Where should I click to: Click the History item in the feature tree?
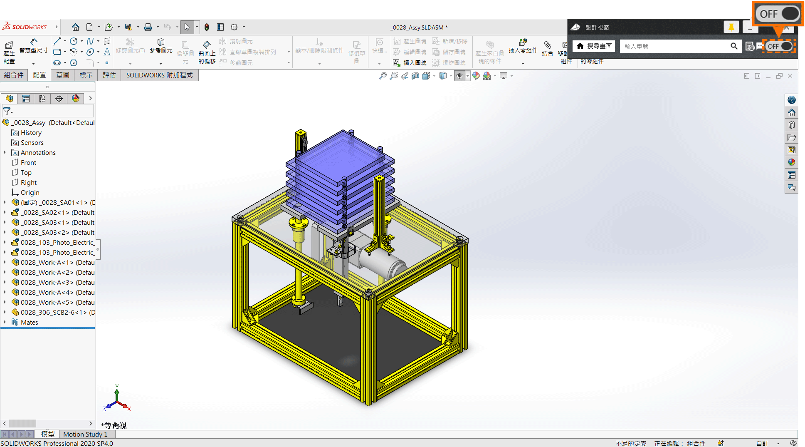click(31, 133)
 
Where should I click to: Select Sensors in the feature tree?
click(32, 143)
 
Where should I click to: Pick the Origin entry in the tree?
click(30, 193)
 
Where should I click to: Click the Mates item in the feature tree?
click(29, 323)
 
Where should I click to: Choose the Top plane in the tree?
click(26, 173)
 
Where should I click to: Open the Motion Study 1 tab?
click(85, 434)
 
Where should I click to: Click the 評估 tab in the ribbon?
click(109, 75)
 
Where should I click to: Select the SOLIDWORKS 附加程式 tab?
click(159, 75)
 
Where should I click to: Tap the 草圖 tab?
click(63, 75)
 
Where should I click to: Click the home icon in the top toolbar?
click(75, 27)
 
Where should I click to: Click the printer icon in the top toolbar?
click(148, 27)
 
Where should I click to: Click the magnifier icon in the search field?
click(734, 46)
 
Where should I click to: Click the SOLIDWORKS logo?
click(25, 27)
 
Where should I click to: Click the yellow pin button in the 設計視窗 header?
click(731, 27)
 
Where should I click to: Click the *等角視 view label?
click(114, 425)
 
